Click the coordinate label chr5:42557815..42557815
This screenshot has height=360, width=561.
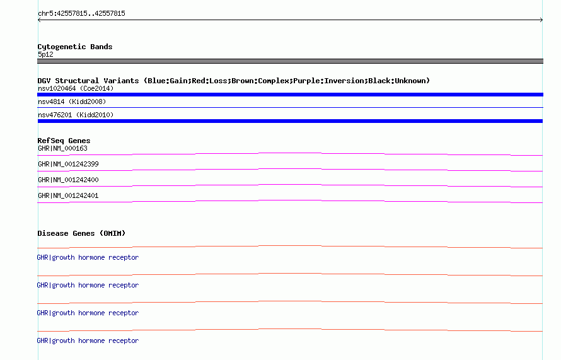point(81,13)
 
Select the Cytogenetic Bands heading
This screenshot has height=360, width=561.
point(75,47)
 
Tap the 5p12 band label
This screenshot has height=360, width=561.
point(45,54)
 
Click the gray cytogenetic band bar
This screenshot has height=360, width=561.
point(290,61)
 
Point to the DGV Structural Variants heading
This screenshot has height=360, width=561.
point(234,81)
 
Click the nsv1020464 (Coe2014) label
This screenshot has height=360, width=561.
point(76,88)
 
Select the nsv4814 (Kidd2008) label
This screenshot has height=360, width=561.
point(72,102)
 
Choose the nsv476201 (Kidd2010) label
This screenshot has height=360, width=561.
point(76,115)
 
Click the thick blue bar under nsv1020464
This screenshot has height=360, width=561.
point(290,95)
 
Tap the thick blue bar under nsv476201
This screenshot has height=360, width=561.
point(290,121)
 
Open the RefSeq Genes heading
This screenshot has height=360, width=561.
point(64,141)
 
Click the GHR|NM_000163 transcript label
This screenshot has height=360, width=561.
point(62,148)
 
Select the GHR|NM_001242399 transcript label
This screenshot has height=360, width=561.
point(68,164)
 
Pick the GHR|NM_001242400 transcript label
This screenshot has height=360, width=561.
point(68,180)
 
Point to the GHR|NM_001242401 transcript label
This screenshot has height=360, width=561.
point(68,195)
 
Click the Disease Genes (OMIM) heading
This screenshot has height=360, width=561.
point(81,233)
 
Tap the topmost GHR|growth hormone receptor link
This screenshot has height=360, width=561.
point(88,257)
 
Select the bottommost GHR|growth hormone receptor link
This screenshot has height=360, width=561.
point(88,340)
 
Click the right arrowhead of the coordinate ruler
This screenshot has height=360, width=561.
point(541,20)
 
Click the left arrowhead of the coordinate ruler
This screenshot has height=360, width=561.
point(39,20)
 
